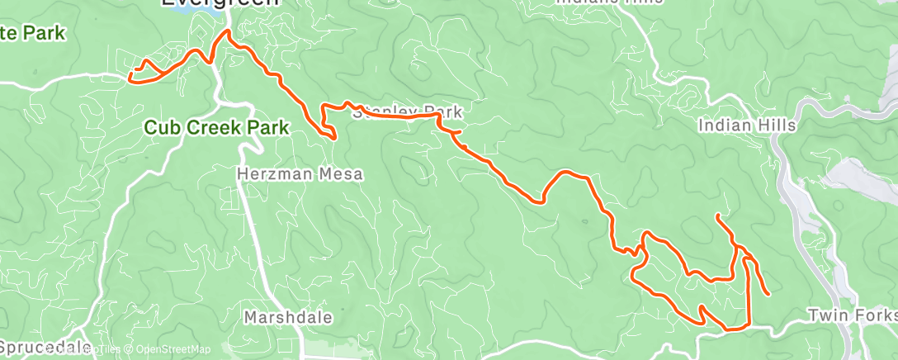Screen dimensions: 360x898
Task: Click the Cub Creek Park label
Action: pyautogui.click(x=216, y=128)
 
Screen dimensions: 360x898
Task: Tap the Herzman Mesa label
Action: pyautogui.click(x=300, y=174)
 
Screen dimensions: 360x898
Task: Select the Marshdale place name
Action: pyautogui.click(x=288, y=317)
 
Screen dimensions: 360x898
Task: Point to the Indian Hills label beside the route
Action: pyautogui.click(x=746, y=126)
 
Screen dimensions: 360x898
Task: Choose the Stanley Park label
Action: pyautogui.click(x=407, y=111)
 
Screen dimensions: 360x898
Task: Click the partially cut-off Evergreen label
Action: pyautogui.click(x=220, y=3)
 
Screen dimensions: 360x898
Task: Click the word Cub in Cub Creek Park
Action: pyautogui.click(x=162, y=128)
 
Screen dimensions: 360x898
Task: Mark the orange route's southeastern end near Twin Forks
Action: pyautogui.click(x=769, y=294)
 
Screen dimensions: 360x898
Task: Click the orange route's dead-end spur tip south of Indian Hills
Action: pyautogui.click(x=718, y=216)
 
